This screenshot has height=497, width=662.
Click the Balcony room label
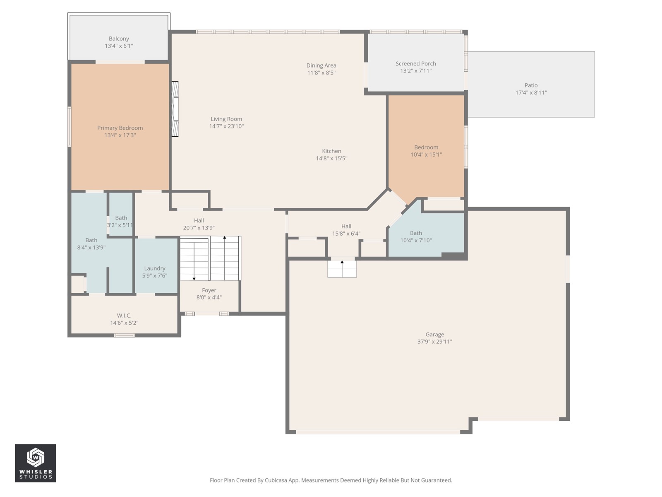119,39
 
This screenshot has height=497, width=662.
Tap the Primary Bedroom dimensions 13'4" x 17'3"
120,135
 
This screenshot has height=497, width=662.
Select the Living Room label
226,119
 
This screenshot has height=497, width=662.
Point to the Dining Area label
321,65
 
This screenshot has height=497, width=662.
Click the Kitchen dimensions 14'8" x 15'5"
331,159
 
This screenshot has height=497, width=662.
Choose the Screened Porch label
415,64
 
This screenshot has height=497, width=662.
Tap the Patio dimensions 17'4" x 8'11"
531,93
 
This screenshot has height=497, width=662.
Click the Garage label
434,334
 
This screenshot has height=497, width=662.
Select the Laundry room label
154,268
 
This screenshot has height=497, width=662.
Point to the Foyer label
209,290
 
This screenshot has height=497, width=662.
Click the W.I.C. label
124,316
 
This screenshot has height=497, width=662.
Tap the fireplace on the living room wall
175,109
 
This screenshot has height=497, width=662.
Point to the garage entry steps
342,269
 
